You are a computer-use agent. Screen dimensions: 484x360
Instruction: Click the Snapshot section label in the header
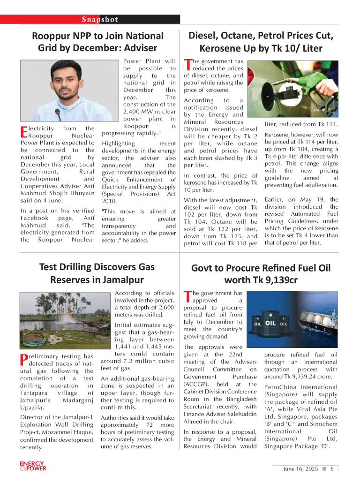pyautogui.click(x=100, y=19)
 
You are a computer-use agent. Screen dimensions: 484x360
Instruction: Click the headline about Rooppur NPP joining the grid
pyautogui.click(x=97, y=42)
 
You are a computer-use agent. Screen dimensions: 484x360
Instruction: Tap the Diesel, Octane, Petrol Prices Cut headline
pyautogui.click(x=261, y=42)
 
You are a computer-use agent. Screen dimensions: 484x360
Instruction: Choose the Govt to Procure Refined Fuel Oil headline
pyautogui.click(x=261, y=274)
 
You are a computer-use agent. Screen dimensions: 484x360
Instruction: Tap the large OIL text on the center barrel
pyautogui.click(x=270, y=323)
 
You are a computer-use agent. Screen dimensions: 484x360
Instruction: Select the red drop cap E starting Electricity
pyautogui.click(x=24, y=132)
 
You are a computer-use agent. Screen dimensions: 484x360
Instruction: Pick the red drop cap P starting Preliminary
pyautogui.click(x=24, y=361)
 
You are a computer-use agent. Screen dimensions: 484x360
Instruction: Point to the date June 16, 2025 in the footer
pyautogui.click(x=300, y=468)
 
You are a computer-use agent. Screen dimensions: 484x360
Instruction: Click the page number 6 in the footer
pyautogui.click(x=332, y=468)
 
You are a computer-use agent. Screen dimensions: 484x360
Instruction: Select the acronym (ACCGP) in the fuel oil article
pyautogui.click(x=196, y=377)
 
